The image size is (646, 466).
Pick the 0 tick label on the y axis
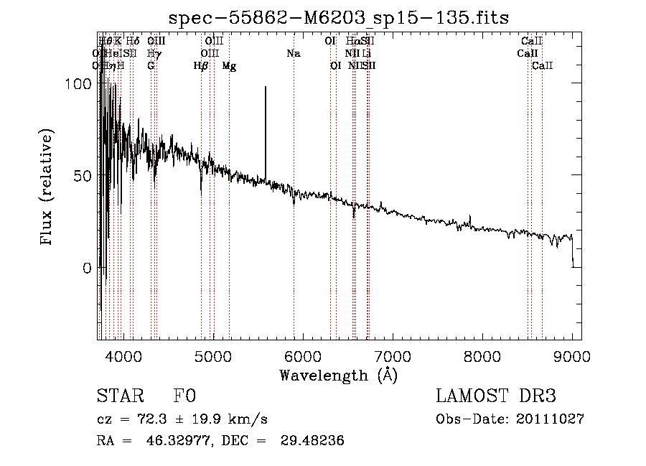(88, 268)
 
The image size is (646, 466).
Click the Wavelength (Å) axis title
(339, 375)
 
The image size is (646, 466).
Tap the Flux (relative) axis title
(47, 188)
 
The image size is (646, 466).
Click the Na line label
(293, 53)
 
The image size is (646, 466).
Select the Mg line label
(229, 65)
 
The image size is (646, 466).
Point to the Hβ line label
(201, 65)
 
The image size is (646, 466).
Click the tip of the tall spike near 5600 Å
(266, 87)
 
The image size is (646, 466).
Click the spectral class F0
(184, 397)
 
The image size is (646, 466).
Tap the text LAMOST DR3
(495, 397)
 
